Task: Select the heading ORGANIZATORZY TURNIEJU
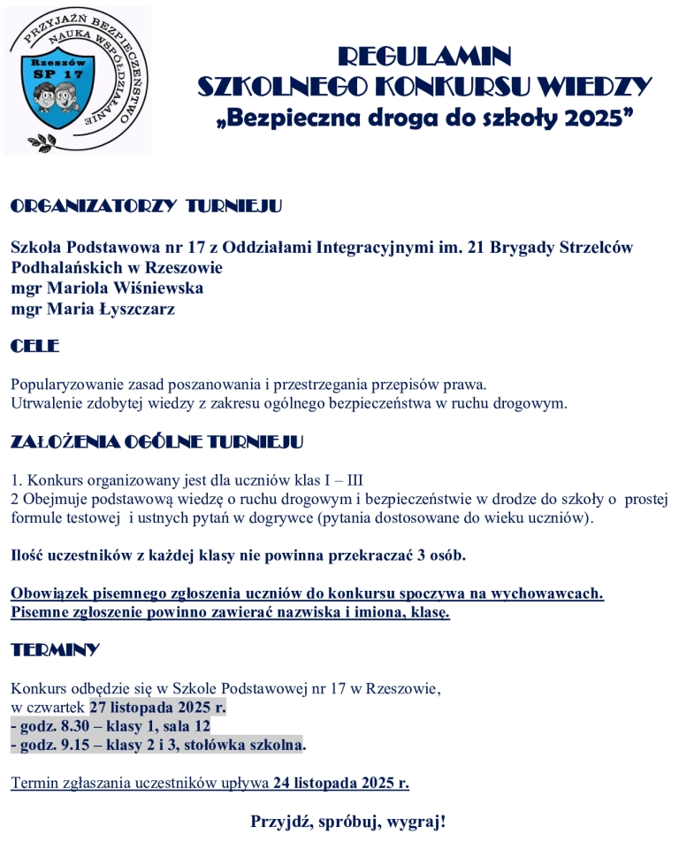146,207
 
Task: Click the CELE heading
34,347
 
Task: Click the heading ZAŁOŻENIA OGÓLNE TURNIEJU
156,441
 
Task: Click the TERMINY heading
55,650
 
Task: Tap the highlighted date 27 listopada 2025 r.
157,706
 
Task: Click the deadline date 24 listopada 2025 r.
340,783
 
